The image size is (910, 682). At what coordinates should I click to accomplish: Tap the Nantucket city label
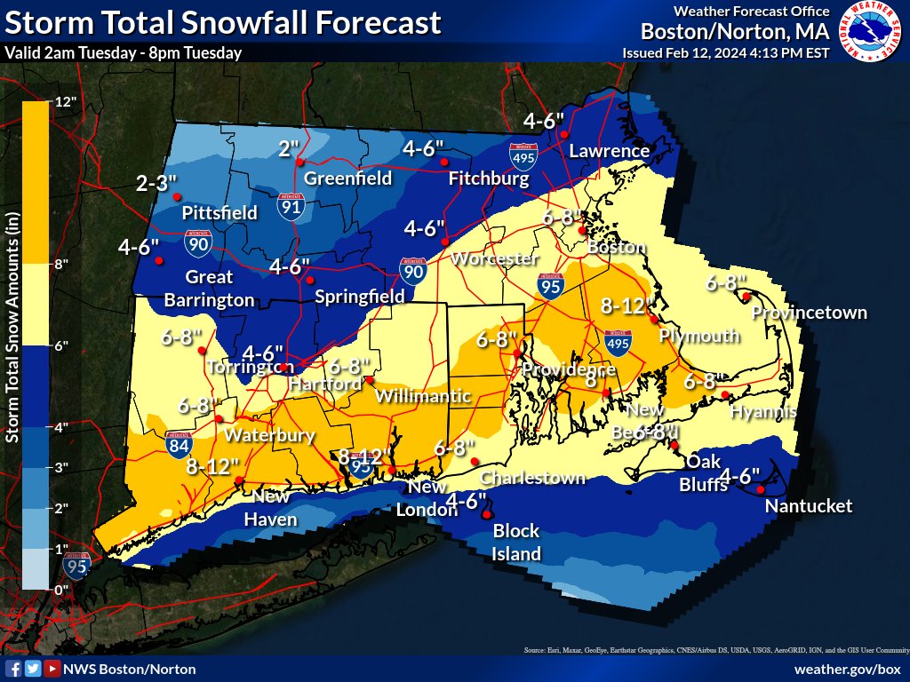click(x=809, y=506)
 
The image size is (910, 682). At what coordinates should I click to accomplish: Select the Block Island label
click(x=516, y=543)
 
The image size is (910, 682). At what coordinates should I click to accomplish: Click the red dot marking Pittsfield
click(x=177, y=196)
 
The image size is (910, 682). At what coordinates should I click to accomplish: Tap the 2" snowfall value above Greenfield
click(x=290, y=148)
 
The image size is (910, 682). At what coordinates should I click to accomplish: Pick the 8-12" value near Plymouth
click(x=622, y=306)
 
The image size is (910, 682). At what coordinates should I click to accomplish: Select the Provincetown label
click(x=809, y=313)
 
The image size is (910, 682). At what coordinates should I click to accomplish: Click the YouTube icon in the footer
click(x=52, y=669)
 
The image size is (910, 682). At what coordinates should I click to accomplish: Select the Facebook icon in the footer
click(x=13, y=669)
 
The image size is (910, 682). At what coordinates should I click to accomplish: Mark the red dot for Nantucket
click(x=761, y=489)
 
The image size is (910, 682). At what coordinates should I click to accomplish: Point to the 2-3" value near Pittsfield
click(x=157, y=184)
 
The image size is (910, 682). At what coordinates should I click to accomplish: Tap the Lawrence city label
click(x=609, y=151)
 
